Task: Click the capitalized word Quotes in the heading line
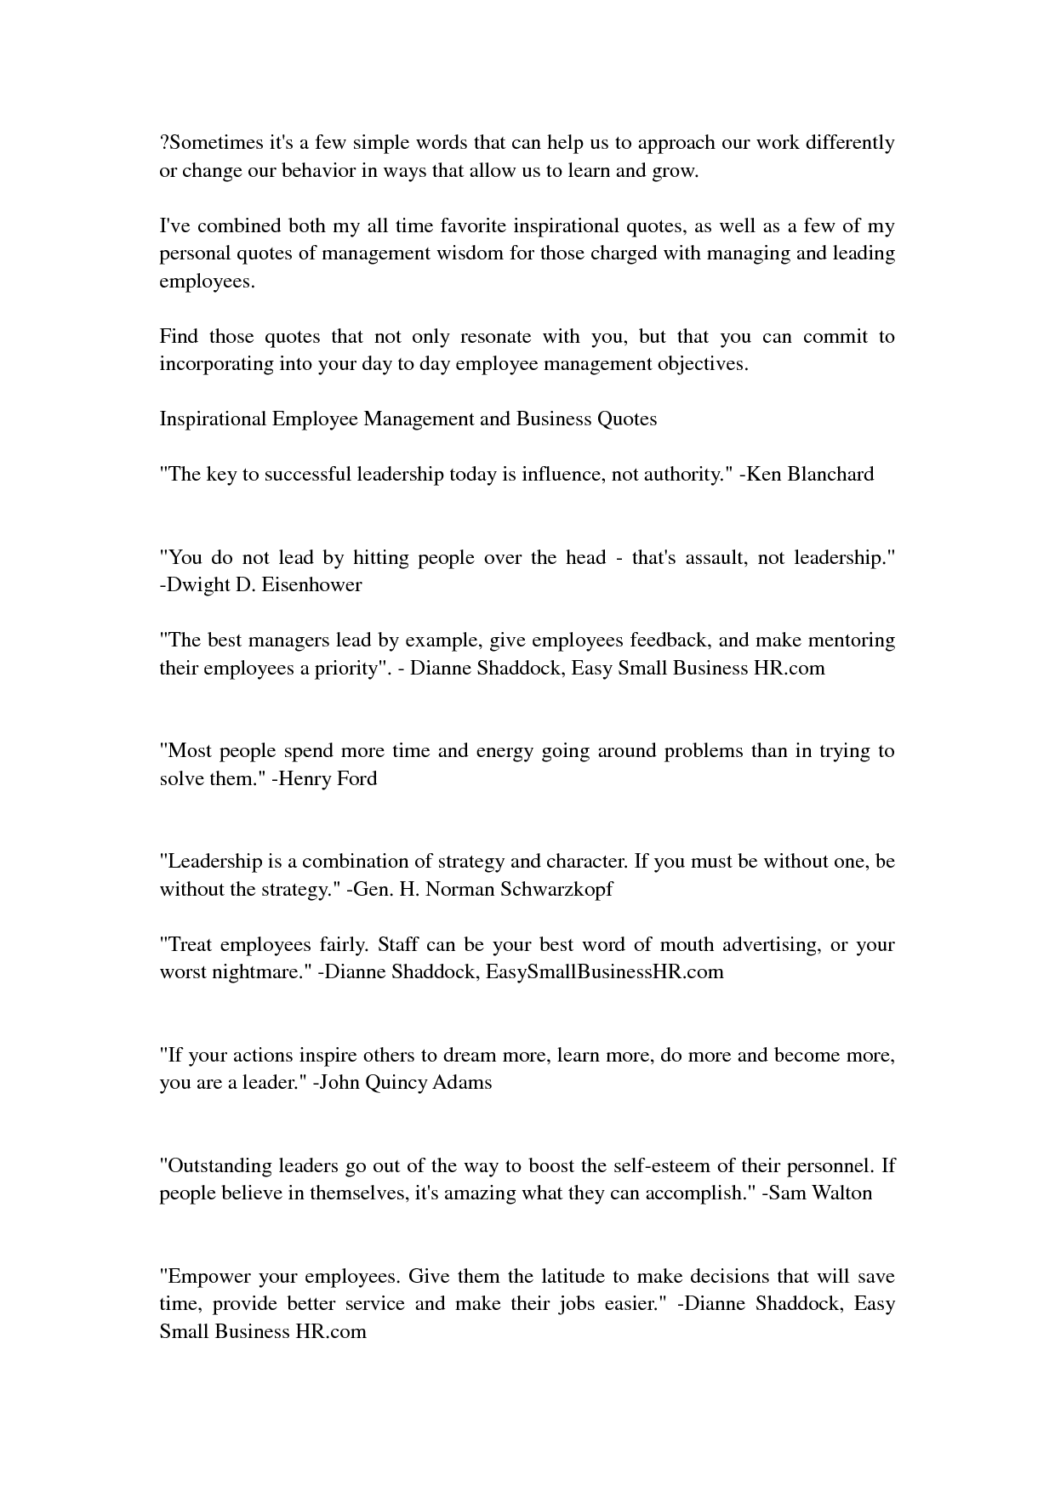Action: (x=627, y=419)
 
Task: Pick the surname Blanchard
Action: (x=830, y=475)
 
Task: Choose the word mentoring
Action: (x=851, y=641)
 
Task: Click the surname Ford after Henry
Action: (x=357, y=779)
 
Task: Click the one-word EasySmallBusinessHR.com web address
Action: (x=604, y=972)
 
